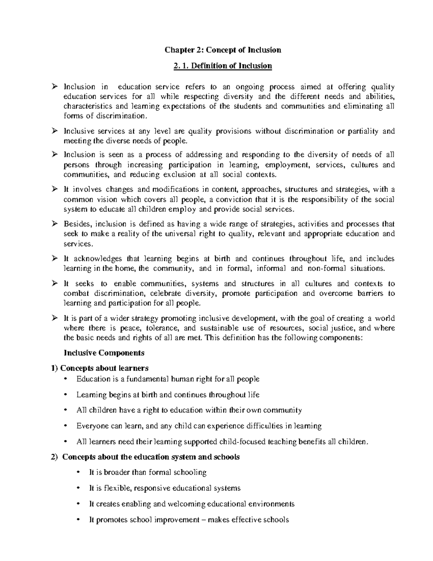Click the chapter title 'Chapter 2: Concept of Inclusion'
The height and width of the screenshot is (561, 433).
[x=223, y=50]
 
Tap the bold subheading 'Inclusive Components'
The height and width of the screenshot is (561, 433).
[x=104, y=353]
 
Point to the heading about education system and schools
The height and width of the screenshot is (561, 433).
[x=150, y=457]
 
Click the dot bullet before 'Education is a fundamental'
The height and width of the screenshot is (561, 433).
[x=65, y=379]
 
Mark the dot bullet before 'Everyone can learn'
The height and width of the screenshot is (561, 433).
[x=65, y=426]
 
